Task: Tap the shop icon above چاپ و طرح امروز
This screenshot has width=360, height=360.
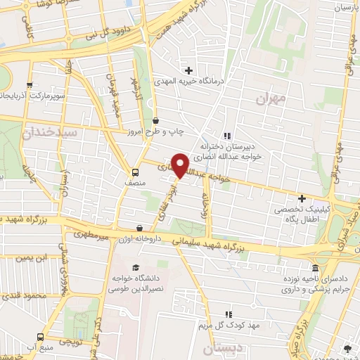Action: point(155,120)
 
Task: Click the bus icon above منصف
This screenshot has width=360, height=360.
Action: point(134,172)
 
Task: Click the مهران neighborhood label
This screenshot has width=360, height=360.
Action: point(271,101)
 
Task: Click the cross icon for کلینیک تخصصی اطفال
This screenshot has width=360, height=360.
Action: point(302,199)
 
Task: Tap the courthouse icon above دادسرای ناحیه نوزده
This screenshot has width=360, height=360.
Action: point(315,269)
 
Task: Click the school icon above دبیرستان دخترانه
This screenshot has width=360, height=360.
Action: point(226,136)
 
